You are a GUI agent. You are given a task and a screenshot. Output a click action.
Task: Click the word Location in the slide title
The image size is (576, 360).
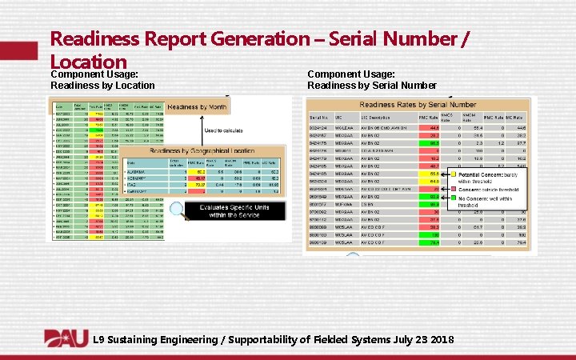pos(89,62)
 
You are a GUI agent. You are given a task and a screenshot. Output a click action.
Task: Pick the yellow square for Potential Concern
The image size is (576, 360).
pos(453,173)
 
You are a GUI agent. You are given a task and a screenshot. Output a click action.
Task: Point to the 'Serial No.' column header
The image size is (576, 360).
pos(318,118)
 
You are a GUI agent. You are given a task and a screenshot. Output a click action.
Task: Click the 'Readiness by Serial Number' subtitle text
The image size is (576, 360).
pos(372,86)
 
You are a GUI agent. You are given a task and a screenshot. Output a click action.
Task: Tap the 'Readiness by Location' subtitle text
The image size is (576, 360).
pos(102,86)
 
